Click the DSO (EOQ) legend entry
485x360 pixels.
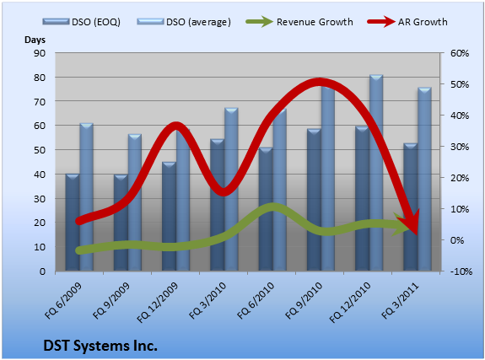(x=81, y=22)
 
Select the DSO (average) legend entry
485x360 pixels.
(x=184, y=22)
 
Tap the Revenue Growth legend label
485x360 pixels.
(x=315, y=22)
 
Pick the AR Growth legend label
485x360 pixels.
(x=423, y=22)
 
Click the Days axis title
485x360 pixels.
(x=35, y=40)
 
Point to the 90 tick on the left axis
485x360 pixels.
(x=40, y=53)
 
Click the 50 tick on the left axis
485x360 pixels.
(x=40, y=150)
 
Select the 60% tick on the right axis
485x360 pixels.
(x=460, y=53)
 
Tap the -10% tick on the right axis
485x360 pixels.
(x=461, y=271)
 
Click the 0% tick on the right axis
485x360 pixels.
(x=457, y=240)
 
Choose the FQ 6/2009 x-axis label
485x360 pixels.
(x=63, y=300)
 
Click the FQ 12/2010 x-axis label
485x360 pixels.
(x=350, y=303)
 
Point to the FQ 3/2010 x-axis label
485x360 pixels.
(x=207, y=300)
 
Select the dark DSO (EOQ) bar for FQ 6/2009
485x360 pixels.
(x=73, y=223)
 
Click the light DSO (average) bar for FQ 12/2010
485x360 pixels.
(x=376, y=173)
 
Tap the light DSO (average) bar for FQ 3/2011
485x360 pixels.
(x=424, y=180)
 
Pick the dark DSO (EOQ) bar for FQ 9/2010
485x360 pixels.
(x=314, y=200)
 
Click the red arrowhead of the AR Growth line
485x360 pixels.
(x=410, y=222)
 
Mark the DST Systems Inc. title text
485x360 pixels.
(x=100, y=346)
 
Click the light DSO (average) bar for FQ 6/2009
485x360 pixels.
(x=87, y=197)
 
